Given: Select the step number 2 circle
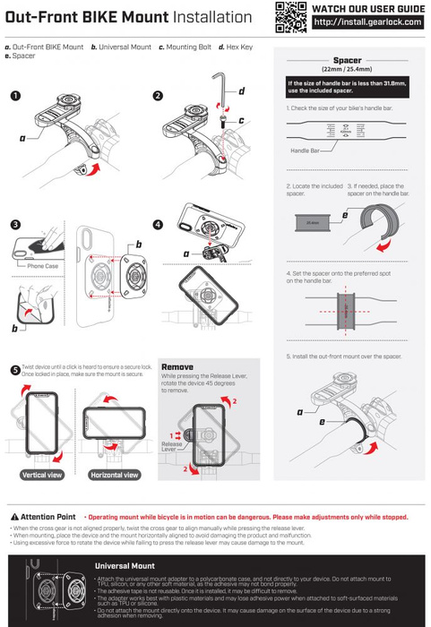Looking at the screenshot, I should coord(158,95).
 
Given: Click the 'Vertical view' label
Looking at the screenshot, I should coord(41,475).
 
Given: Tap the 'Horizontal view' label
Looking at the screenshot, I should coord(115,475).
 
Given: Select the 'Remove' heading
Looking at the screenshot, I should coord(177,367).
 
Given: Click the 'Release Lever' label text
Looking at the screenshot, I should coord(172,445).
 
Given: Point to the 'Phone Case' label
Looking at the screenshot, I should coord(42,267).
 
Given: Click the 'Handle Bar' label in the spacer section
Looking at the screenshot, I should coord(306,150).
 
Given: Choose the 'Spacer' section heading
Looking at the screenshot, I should coord(347,59).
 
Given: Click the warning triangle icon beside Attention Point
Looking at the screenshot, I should coord(13,518).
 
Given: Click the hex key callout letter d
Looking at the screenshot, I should coord(242,91).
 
